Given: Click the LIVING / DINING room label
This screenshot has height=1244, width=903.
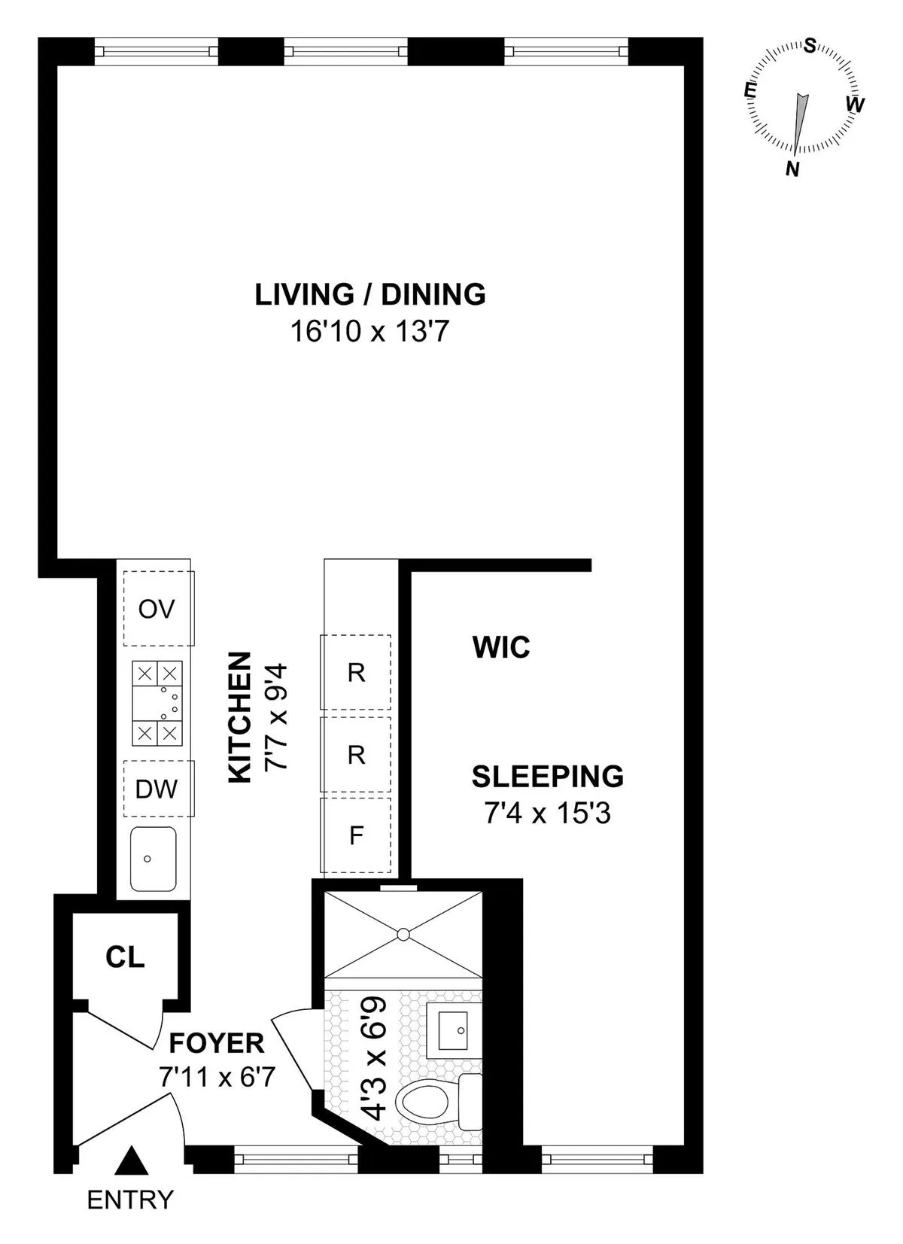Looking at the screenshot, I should click(x=369, y=294).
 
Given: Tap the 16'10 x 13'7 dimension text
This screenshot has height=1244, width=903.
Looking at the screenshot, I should click(x=369, y=331).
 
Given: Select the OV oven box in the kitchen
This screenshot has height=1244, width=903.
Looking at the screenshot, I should click(x=157, y=608).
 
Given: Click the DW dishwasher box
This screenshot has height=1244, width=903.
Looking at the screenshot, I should click(x=157, y=789).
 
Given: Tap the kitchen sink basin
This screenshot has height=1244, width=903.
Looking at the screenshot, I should click(x=153, y=858).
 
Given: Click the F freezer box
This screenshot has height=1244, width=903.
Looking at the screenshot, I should click(x=357, y=835).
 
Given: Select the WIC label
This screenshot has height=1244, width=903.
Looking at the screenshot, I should click(x=501, y=647).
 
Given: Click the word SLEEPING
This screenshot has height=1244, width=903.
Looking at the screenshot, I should click(x=547, y=777).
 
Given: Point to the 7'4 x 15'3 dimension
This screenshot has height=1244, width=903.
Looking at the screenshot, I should click(x=547, y=813).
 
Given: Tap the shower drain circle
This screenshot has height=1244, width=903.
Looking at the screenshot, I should click(x=403, y=935).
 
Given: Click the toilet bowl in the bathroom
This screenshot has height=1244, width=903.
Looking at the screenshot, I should click(x=427, y=1103).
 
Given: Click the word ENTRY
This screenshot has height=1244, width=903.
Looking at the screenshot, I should click(x=130, y=1200).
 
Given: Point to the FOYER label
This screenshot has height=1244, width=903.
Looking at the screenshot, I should click(x=217, y=1044).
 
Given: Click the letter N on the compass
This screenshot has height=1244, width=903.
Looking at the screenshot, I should click(x=792, y=169).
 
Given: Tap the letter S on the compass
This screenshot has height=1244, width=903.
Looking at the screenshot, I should click(x=810, y=46).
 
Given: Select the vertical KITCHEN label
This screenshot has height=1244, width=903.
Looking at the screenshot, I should click(x=240, y=717).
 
